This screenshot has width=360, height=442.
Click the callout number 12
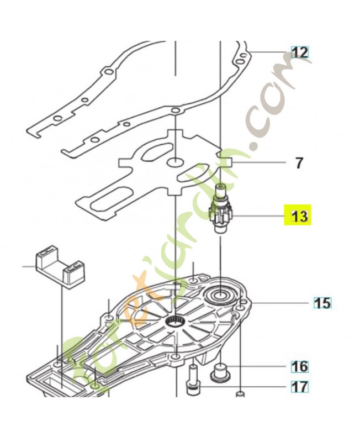click(300, 52)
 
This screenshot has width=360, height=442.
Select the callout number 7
click(299, 163)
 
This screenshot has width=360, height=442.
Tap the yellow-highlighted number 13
click(299, 217)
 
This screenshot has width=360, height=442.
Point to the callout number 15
click(323, 303)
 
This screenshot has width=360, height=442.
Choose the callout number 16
click(300, 366)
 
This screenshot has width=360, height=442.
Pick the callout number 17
click(300, 387)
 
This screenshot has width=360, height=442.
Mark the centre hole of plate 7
click(175, 162)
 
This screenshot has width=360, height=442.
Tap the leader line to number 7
click(258, 162)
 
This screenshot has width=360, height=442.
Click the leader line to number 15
click(280, 303)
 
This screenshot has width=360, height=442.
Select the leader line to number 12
click(267, 52)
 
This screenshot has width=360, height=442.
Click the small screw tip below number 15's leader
click(240, 393)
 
